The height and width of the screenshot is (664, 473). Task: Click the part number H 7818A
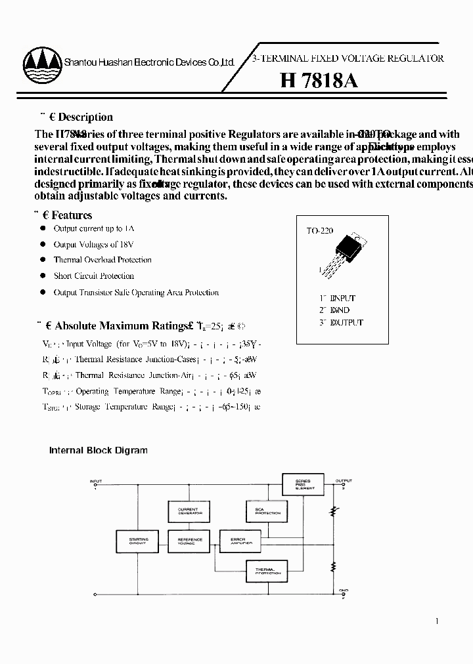(319, 81)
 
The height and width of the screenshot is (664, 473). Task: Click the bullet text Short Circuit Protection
(94, 276)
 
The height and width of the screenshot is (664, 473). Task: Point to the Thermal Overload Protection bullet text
(102, 260)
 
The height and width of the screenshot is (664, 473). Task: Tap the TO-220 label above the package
(320, 231)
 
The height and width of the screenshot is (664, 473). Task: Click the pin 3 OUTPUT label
(340, 322)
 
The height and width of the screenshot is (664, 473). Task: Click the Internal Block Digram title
(99, 450)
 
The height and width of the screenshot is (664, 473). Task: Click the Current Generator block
(188, 511)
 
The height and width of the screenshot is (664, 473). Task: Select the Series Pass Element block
(304, 485)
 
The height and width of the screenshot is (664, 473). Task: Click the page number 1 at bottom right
(438, 621)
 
